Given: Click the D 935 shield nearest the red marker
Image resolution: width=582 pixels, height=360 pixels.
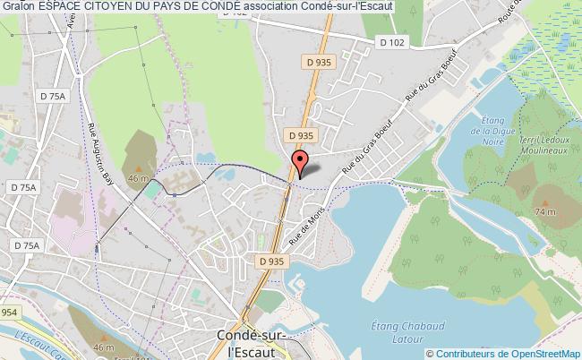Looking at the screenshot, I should tap(300, 135).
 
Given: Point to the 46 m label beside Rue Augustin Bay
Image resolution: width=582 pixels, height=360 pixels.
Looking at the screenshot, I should tap(137, 178).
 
